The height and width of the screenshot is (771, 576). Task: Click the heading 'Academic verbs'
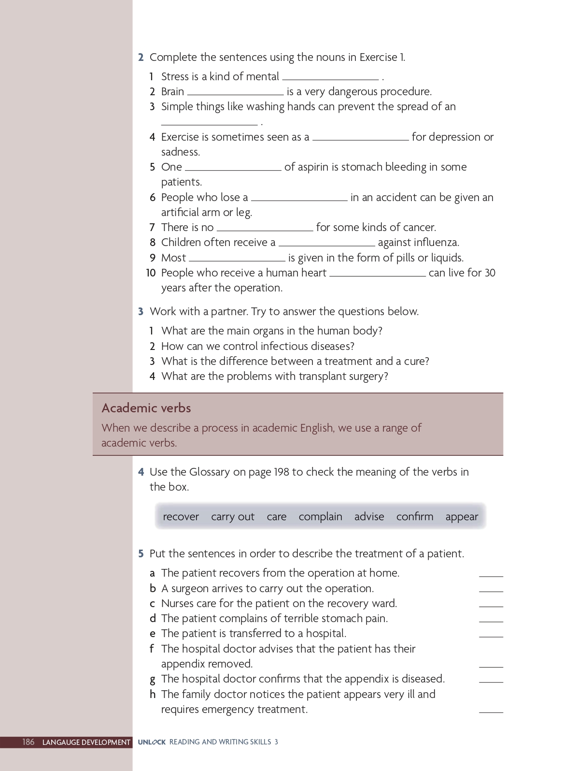coord(146,408)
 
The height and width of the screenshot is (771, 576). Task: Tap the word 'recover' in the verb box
coord(181,517)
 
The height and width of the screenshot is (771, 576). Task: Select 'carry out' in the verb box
coord(232,517)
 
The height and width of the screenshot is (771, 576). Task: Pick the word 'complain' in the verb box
coord(320,517)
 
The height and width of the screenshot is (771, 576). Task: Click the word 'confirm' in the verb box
coord(414,517)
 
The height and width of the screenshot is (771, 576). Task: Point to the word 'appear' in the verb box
coord(462,517)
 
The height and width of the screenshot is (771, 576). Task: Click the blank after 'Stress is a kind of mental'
coord(330,78)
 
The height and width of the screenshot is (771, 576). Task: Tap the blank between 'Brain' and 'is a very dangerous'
coord(235,93)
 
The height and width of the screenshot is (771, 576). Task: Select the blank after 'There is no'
coord(265,229)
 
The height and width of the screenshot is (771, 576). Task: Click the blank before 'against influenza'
coord(326,244)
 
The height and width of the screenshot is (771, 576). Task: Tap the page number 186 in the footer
coord(28,742)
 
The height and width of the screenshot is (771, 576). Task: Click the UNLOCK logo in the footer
coord(152,742)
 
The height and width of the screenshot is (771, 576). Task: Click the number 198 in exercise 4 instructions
coord(281,472)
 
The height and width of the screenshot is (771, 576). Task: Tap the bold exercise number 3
coord(140,312)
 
